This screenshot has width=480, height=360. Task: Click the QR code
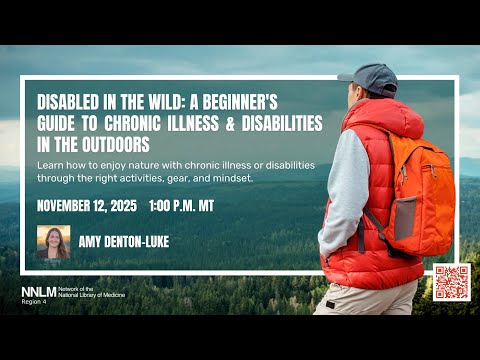click(452, 282)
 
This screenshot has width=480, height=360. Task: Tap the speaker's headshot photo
click(54, 242)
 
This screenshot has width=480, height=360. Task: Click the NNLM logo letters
click(39, 292)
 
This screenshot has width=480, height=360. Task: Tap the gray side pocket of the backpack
click(405, 218)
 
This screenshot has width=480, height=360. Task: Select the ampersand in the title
click(230, 123)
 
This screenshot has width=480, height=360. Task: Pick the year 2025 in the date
click(124, 206)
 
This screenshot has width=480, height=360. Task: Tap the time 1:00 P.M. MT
click(182, 206)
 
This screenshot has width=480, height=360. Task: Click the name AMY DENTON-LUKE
click(124, 242)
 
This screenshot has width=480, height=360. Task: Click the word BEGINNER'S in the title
click(240, 102)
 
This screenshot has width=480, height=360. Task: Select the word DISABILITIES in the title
click(282, 123)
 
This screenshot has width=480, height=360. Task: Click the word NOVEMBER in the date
click(63, 206)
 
